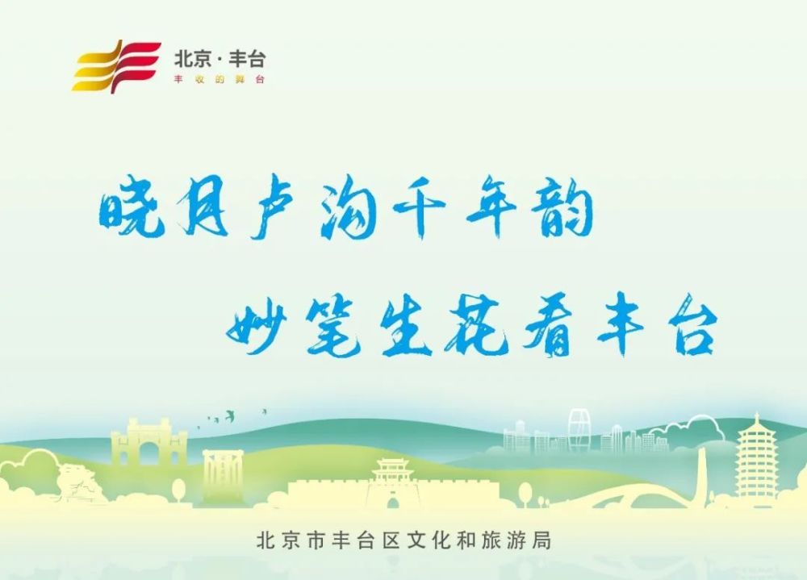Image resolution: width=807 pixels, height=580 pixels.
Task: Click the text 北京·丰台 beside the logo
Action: [x=220, y=58]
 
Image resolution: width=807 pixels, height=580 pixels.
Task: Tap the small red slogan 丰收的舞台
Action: [x=220, y=79]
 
